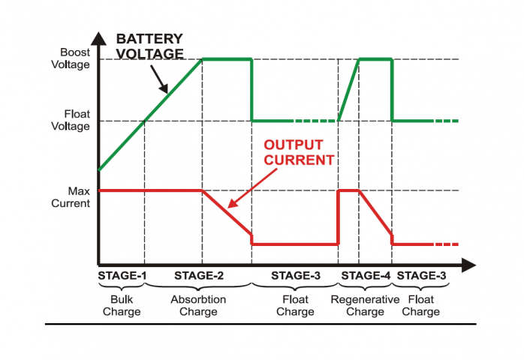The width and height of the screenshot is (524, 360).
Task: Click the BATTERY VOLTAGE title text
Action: point(149,46)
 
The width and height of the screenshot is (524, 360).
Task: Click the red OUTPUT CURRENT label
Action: point(299,152)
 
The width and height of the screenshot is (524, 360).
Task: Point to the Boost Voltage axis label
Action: point(71,58)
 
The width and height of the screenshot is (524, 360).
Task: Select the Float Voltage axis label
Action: point(71,120)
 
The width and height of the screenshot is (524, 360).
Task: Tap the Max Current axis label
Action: point(71,197)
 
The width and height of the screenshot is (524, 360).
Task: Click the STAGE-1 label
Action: point(122,275)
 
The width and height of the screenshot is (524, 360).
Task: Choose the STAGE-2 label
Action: point(199,275)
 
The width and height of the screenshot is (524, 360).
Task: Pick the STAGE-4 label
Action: point(366,275)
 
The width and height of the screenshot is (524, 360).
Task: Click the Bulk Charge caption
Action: point(122,305)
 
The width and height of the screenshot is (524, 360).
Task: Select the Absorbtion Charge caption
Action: point(198,305)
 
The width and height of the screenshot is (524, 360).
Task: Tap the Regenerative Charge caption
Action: point(365,305)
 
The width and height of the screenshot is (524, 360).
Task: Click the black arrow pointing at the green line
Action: point(159,79)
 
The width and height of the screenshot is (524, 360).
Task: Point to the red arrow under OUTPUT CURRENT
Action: point(252,188)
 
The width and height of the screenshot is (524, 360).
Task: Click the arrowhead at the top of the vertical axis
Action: point(98,38)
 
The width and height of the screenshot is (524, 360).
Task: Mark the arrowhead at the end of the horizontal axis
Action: point(468,265)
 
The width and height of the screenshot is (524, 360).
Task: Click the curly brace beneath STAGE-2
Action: point(198,286)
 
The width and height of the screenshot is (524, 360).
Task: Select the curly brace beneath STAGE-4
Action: point(365,286)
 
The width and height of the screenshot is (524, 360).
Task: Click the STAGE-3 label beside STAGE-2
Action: point(296,275)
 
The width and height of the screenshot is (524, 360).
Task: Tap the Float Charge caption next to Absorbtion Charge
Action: point(295,305)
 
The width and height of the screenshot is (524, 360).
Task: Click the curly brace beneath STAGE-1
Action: point(122,286)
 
